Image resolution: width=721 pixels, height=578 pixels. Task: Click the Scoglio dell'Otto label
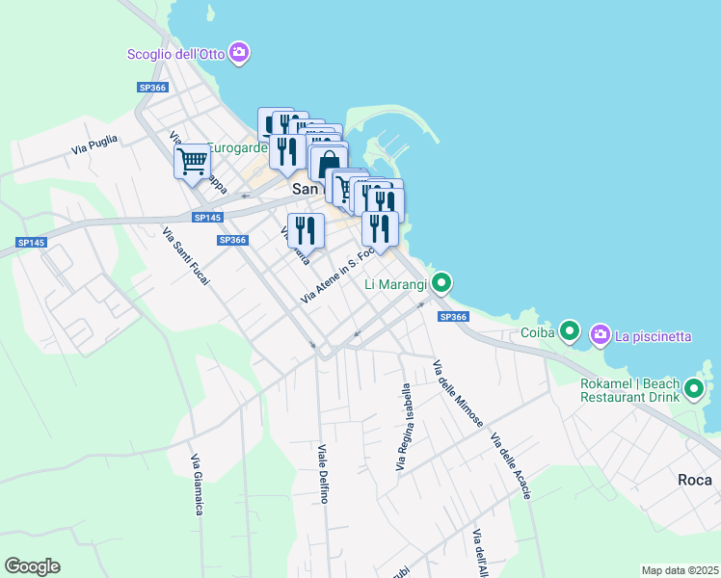176,54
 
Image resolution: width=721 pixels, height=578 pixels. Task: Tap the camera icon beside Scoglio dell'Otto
240,53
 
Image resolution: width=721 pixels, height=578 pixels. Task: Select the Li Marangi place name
396,284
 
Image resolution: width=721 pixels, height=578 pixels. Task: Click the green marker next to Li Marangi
441,283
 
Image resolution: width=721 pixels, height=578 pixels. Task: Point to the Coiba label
537,333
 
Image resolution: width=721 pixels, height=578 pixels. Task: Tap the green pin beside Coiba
570,333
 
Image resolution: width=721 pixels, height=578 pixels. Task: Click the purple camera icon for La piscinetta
601,334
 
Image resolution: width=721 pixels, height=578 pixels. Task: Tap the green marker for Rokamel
694,390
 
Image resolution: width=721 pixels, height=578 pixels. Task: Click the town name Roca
694,479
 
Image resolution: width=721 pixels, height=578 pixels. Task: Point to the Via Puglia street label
94,145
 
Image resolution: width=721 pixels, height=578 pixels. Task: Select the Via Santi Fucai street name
185,255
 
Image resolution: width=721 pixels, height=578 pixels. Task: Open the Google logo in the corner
32,566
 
